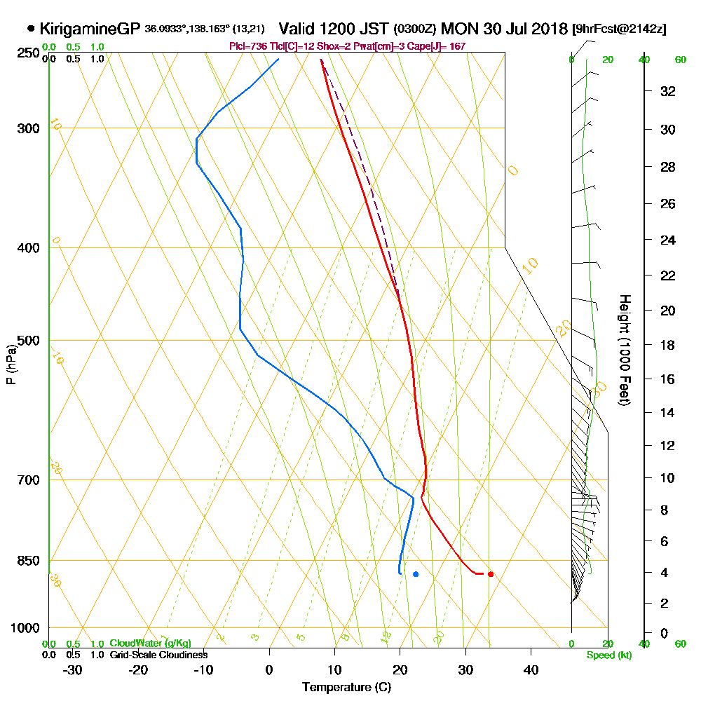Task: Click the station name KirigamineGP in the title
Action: tap(90, 29)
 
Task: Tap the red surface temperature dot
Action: tap(491, 574)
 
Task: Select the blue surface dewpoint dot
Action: tap(416, 574)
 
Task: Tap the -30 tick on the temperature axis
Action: tap(73, 669)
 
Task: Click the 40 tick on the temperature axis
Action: tap(531, 669)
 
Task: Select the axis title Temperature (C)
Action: tap(346, 687)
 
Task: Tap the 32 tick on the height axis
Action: tap(667, 91)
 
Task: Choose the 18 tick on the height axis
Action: tap(667, 345)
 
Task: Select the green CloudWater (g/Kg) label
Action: tap(150, 644)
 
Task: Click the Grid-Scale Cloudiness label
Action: tap(158, 655)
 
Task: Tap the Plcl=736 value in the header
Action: tap(245, 46)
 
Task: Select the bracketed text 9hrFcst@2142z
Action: tap(619, 29)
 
